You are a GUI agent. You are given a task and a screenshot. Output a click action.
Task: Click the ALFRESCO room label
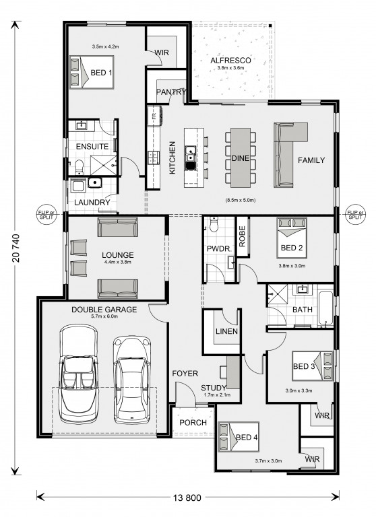230,61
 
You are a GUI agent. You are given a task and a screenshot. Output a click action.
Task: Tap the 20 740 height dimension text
16,248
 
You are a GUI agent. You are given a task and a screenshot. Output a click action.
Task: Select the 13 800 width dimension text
187,497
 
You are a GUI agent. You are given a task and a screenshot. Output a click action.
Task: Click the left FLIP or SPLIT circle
46,215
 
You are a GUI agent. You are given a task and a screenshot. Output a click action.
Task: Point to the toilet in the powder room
214,223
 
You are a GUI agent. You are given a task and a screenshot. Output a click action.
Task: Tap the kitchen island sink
191,158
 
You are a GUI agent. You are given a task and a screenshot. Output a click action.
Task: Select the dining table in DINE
241,158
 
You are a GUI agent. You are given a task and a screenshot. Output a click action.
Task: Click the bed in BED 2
292,238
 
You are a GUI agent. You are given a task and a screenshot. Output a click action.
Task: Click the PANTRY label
171,92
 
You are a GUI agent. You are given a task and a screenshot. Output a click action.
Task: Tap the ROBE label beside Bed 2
242,236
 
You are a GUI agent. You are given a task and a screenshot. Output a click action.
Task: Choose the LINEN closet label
226,331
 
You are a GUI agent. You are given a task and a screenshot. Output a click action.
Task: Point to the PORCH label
193,422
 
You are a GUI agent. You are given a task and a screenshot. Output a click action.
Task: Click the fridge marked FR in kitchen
154,115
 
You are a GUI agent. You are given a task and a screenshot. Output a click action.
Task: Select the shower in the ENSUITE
103,165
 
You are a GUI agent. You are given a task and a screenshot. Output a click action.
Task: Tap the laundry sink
95,182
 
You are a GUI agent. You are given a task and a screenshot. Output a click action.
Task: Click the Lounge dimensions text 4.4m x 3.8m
117,262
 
